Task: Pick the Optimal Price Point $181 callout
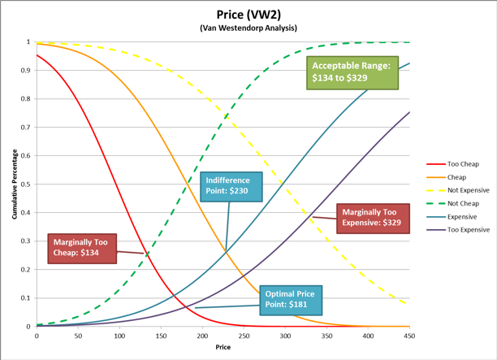click(291, 301)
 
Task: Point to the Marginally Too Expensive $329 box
click(369, 215)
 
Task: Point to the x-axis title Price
click(223, 348)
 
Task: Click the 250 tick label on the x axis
click(202, 335)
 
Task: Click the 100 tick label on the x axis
click(119, 335)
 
